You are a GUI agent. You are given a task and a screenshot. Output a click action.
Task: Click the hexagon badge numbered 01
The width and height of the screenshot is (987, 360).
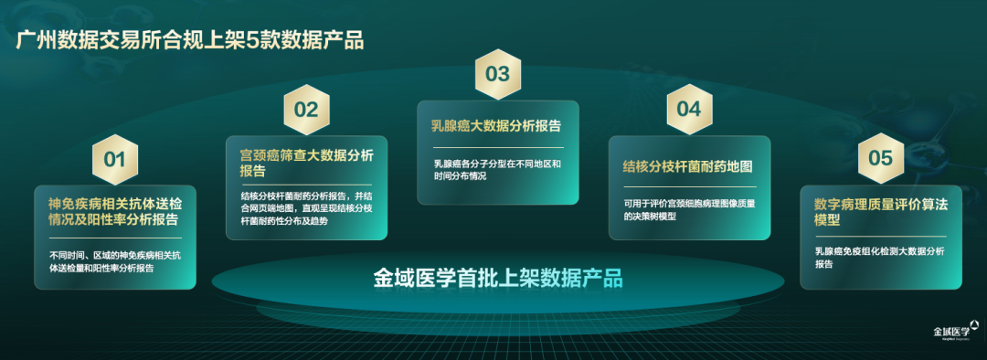pos(114,159)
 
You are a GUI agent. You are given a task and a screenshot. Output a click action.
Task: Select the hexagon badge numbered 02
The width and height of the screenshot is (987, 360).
pos(306,110)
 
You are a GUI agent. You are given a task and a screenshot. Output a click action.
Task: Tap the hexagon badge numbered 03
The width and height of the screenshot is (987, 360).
pos(497,74)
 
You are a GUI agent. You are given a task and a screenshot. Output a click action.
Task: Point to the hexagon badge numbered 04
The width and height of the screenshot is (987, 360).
pos(689,110)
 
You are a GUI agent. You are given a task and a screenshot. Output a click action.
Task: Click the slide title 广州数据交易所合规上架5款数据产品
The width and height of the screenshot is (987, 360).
pos(189,40)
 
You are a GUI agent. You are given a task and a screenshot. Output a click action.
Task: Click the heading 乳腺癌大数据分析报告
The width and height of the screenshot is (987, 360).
pos(495,125)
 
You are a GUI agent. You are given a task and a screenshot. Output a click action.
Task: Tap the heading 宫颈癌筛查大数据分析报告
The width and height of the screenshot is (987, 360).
pos(306,163)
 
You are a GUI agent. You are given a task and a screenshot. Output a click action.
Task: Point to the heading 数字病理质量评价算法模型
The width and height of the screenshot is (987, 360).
pos(879,213)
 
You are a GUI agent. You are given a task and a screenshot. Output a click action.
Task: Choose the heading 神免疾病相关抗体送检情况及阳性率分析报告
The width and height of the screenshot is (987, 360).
pos(115,211)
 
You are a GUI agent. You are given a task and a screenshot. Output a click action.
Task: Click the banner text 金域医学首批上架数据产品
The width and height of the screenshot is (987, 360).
pos(497,278)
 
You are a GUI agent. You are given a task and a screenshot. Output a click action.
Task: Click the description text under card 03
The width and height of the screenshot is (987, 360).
pos(496,170)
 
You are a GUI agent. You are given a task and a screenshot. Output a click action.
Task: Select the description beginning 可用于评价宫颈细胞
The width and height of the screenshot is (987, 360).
pos(689,209)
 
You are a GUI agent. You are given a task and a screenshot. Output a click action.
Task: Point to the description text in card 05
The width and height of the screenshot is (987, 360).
pos(879,258)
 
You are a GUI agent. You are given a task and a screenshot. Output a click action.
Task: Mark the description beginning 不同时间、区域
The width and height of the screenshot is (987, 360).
pos(114,262)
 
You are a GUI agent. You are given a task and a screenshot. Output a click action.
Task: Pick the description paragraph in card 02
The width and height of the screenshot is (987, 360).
pos(306,208)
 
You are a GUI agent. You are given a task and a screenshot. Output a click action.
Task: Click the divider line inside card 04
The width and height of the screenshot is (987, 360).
pos(690,187)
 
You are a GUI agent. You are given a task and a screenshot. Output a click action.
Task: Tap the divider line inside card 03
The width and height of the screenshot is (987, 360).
pos(497,147)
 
